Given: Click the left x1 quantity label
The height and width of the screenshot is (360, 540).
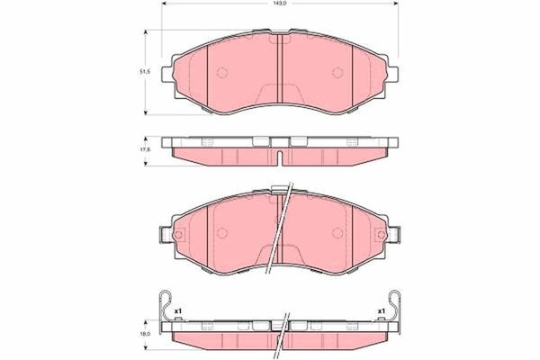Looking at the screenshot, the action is (x=178, y=311).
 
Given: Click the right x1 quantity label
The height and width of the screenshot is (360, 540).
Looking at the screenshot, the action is (x=382, y=311).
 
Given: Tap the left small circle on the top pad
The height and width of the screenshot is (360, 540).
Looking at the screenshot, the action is (x=222, y=72).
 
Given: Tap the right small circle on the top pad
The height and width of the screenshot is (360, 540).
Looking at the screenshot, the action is (x=337, y=72).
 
